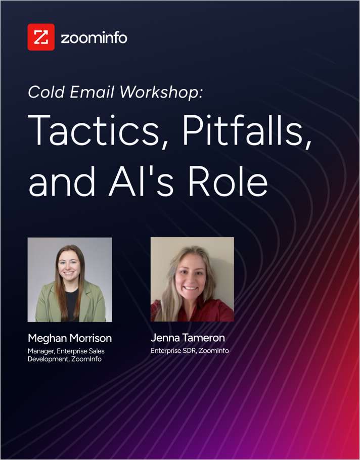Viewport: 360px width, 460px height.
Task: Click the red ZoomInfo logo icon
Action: click(x=41, y=37)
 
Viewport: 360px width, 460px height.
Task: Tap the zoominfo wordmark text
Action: click(x=94, y=37)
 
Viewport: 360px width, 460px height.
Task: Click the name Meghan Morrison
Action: click(x=70, y=338)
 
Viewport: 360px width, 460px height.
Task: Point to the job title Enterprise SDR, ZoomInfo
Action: click(x=190, y=350)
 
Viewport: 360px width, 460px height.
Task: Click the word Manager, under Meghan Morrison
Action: click(x=42, y=351)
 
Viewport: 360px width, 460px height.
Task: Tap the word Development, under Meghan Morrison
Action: click(x=47, y=359)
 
